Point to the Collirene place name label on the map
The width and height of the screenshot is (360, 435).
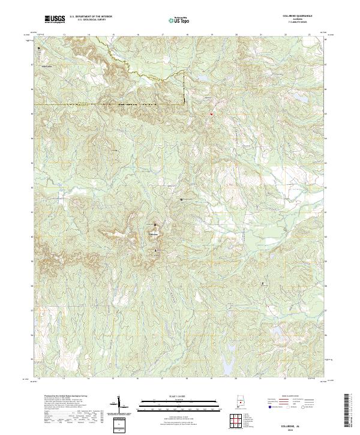coord(154,233)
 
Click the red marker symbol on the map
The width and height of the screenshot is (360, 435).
coord(211,113)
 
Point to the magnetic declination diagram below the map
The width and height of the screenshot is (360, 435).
coord(118,404)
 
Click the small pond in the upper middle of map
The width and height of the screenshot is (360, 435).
coord(201,79)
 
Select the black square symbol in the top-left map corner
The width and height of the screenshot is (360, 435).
coord(39,48)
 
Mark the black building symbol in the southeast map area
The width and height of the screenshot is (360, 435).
coord(262,283)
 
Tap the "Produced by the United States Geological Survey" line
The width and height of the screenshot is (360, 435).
coord(57,397)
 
